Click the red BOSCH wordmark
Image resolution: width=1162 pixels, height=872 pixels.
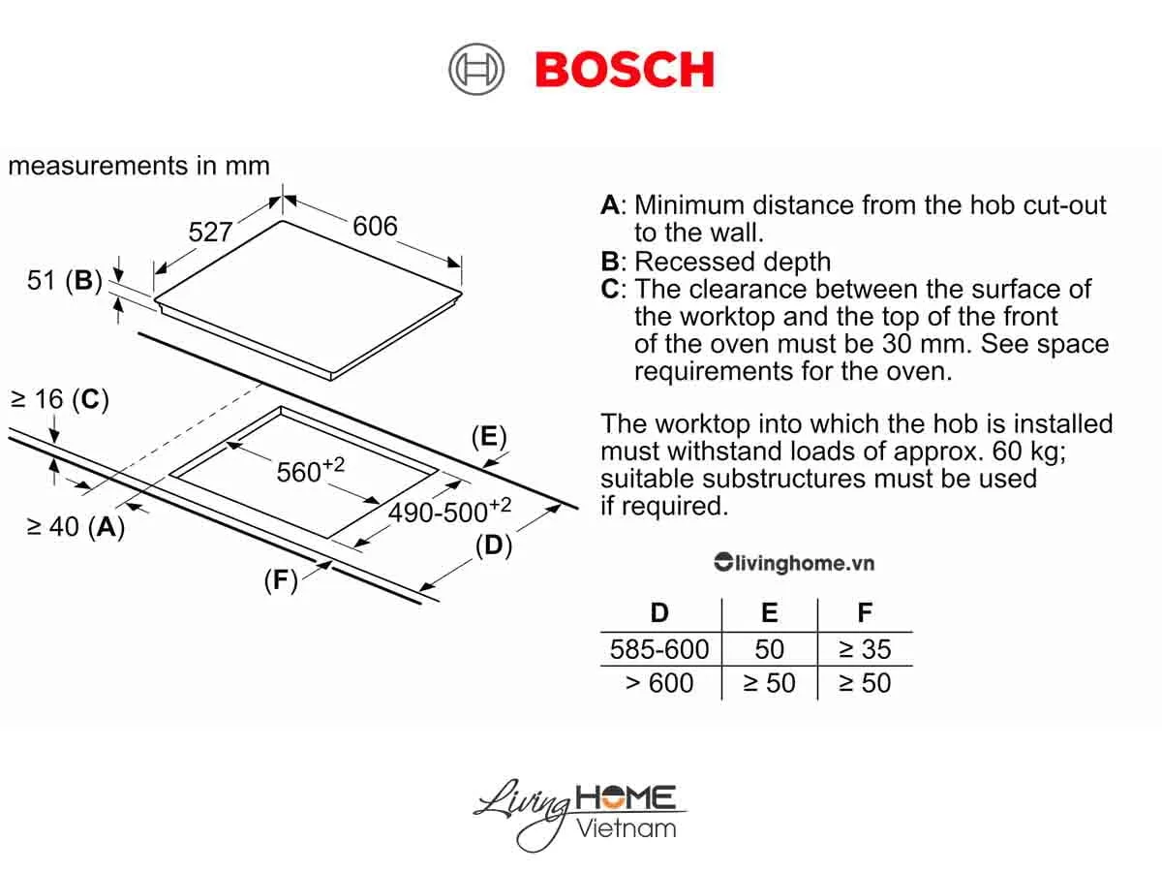click(625, 70)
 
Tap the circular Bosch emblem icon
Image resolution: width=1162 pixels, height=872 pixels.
click(476, 71)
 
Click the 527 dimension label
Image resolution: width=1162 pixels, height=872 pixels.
click(210, 232)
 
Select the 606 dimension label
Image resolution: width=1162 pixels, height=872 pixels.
click(375, 226)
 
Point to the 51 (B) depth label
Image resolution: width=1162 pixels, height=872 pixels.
click(64, 281)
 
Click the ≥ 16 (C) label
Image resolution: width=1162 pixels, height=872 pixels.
click(58, 399)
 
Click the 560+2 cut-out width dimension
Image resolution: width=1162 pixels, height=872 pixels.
click(310, 471)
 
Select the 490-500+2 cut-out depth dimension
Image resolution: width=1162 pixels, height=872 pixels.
click(449, 511)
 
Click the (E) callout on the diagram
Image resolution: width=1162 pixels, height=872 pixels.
click(489, 437)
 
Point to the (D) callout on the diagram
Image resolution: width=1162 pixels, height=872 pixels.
click(493, 545)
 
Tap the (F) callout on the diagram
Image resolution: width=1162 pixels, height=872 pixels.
click(281, 579)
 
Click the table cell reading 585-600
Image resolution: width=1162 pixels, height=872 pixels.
click(659, 649)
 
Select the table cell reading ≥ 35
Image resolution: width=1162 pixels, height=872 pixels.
click(865, 649)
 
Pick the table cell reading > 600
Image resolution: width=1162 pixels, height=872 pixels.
click(659, 683)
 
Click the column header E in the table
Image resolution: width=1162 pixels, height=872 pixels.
click(770, 613)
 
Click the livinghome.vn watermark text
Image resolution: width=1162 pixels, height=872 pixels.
click(794, 563)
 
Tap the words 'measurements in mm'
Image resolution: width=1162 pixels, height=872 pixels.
click(138, 166)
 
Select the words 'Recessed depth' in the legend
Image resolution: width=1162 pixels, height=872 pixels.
click(732, 262)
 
